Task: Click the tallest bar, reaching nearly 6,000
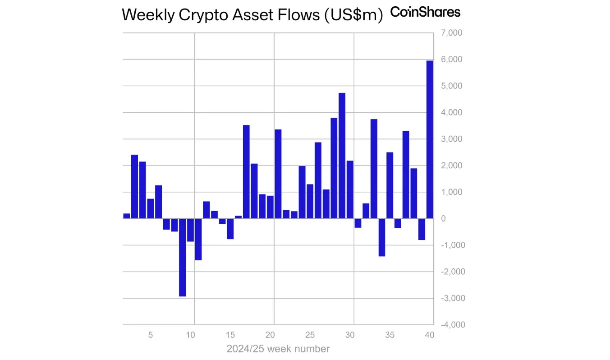(x=429, y=139)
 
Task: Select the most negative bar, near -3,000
(x=183, y=257)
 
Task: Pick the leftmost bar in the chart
(x=127, y=216)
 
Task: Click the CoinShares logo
(x=425, y=12)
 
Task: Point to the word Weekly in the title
(x=147, y=15)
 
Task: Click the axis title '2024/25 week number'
(x=278, y=349)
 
